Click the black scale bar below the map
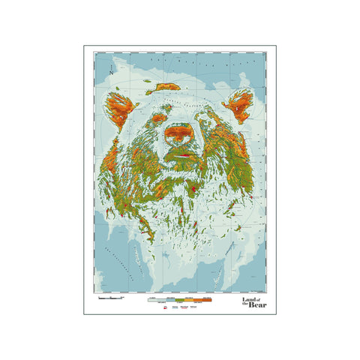pyautogui.click(x=110, y=299)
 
